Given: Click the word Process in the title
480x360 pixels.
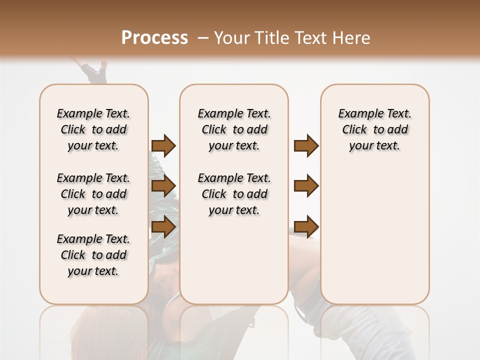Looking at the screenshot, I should (x=154, y=38).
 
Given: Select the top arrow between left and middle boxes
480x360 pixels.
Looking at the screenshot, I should (x=163, y=146).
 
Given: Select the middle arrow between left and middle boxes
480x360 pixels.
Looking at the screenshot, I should (x=163, y=186).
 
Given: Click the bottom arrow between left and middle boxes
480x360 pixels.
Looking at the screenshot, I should (x=163, y=226).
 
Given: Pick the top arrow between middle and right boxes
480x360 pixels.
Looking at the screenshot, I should (x=306, y=146).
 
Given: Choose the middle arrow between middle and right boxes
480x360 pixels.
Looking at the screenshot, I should (x=306, y=186).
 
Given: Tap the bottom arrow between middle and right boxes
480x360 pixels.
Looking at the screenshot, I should (x=306, y=226).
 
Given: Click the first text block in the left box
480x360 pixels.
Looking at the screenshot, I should (x=93, y=129).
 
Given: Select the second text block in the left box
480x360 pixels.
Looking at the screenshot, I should (x=93, y=194).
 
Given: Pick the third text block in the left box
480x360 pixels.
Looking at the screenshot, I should (x=93, y=255).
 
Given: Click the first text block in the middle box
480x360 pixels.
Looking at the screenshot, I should (x=234, y=129).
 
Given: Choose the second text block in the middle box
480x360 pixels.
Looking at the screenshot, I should (x=234, y=194).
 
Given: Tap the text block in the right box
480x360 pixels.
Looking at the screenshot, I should (x=375, y=129).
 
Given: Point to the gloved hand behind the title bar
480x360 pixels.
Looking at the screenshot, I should (x=95, y=71).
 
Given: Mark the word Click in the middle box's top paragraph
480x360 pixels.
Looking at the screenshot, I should (x=214, y=130).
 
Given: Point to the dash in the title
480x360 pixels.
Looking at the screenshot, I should (x=202, y=38).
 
